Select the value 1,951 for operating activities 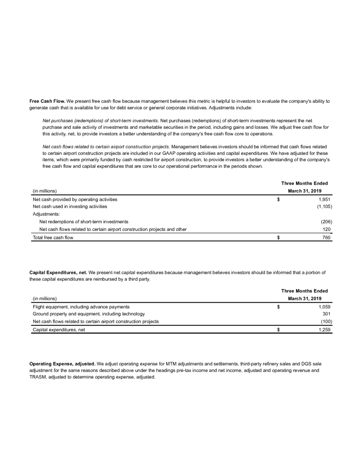[x=324, y=200]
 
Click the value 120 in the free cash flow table [x=327, y=229]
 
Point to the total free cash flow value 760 [x=327, y=238]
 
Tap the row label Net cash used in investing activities [x=70, y=207]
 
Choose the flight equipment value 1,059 [x=324, y=307]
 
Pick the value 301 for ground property [x=327, y=314]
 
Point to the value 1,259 [x=324, y=330]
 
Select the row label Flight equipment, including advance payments [x=81, y=307]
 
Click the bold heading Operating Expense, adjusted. [x=63, y=364]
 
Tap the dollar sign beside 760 [x=279, y=238]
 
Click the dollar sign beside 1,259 [x=279, y=330]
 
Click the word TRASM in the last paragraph [x=38, y=377]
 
